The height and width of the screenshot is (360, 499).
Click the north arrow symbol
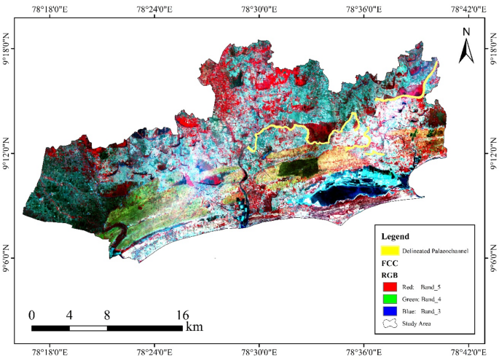pyautogui.click(x=467, y=50)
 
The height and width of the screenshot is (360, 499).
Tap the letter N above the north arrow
pyautogui.click(x=467, y=31)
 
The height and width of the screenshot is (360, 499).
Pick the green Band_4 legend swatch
pyautogui.click(x=391, y=300)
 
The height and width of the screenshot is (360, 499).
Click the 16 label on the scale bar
pyautogui.click(x=183, y=315)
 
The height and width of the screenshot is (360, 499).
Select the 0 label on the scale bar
pyautogui.click(x=31, y=315)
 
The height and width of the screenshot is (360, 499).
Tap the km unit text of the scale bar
pyautogui.click(x=195, y=327)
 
